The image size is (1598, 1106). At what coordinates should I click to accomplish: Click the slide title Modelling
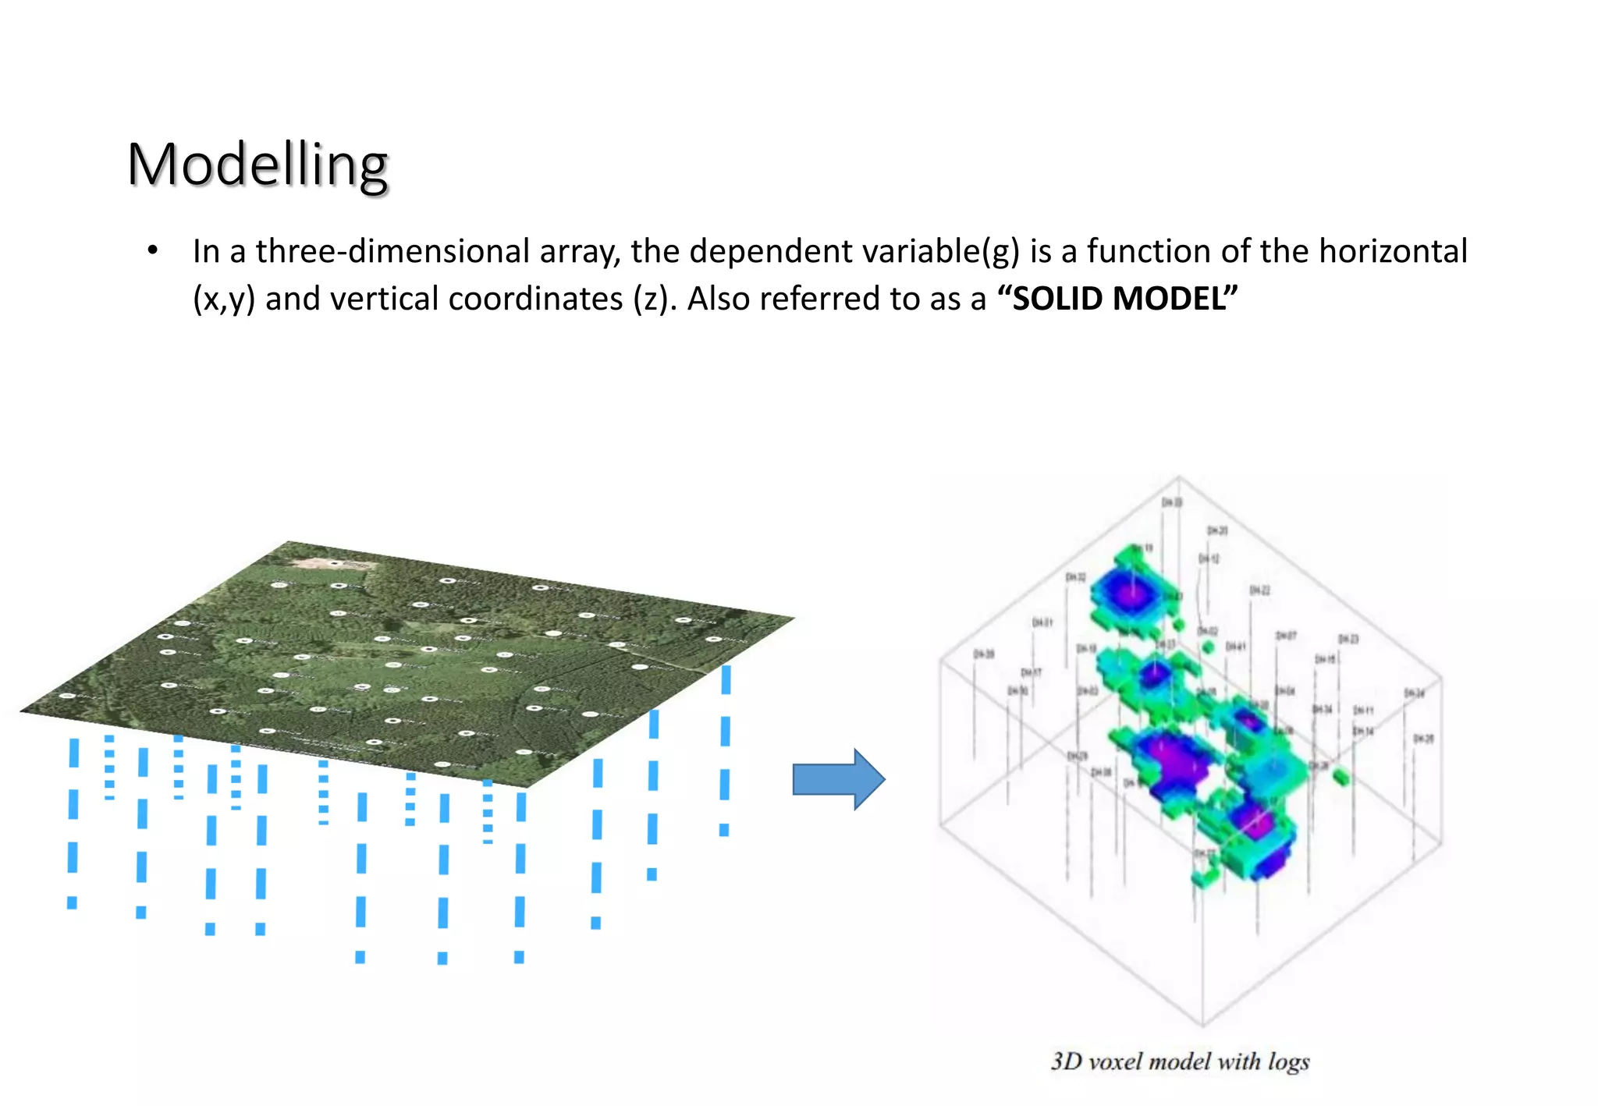(x=257, y=165)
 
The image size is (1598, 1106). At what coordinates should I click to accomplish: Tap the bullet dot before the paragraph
(x=153, y=250)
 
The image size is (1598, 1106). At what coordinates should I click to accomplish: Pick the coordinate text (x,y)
(x=224, y=300)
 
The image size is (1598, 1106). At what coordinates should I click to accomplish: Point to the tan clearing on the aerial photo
(x=328, y=562)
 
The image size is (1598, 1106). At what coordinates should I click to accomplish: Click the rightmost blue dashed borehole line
(x=726, y=749)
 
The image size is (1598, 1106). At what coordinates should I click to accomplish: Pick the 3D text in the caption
(x=1066, y=1062)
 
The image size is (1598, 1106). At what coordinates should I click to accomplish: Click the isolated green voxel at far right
(x=1341, y=777)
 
